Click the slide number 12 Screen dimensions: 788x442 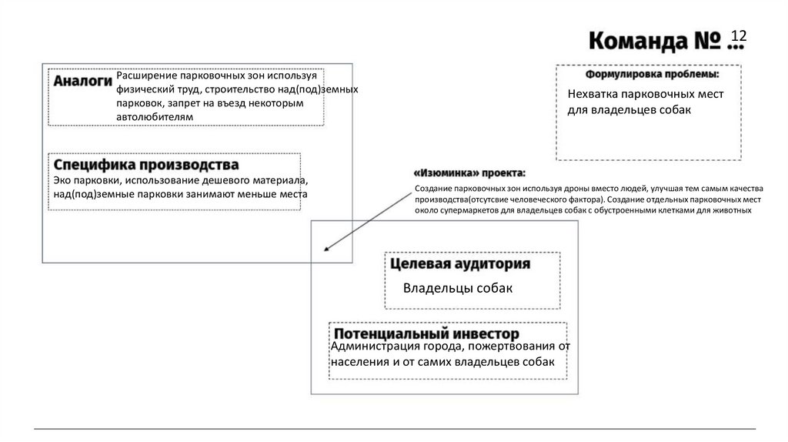pyautogui.click(x=739, y=35)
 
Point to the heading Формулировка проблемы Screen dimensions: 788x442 pyautogui.click(x=652, y=75)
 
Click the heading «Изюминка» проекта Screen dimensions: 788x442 pyautogui.click(x=469, y=172)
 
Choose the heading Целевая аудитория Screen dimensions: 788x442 pyautogui.click(x=460, y=264)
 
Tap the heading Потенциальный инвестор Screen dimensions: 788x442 pyautogui.click(x=426, y=333)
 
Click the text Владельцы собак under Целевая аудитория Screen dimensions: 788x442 pyautogui.click(x=457, y=288)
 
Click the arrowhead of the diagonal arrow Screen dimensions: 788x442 pyautogui.click(x=327, y=249)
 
